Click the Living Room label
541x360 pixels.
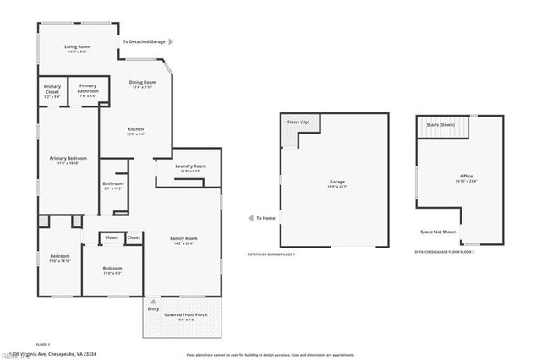coord(79,47)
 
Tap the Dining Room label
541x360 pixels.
coord(142,82)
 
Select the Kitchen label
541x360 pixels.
coord(135,128)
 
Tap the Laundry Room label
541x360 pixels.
coord(190,166)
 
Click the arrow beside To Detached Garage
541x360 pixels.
coord(172,41)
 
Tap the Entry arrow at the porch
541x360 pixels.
coord(153,301)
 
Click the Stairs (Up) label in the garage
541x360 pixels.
coord(299,123)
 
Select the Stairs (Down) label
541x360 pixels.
coord(441,124)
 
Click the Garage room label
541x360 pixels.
coord(337,181)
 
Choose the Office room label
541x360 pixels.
coord(466,176)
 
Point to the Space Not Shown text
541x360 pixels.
coord(439,232)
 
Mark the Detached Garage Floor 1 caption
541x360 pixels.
coord(277,254)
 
